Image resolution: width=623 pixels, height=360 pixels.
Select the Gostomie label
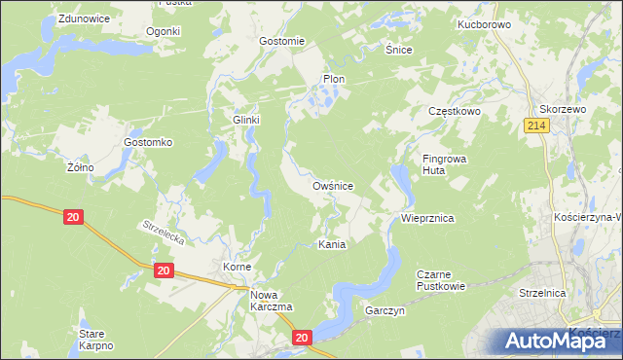(x=282, y=41)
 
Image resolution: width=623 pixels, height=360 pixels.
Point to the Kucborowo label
(x=484, y=23)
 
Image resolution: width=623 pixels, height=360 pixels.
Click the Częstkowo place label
(x=456, y=112)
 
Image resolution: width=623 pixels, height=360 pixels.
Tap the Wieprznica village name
(x=428, y=219)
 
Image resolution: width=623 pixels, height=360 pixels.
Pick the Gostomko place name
(x=148, y=142)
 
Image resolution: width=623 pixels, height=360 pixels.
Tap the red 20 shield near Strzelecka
(x=73, y=218)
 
